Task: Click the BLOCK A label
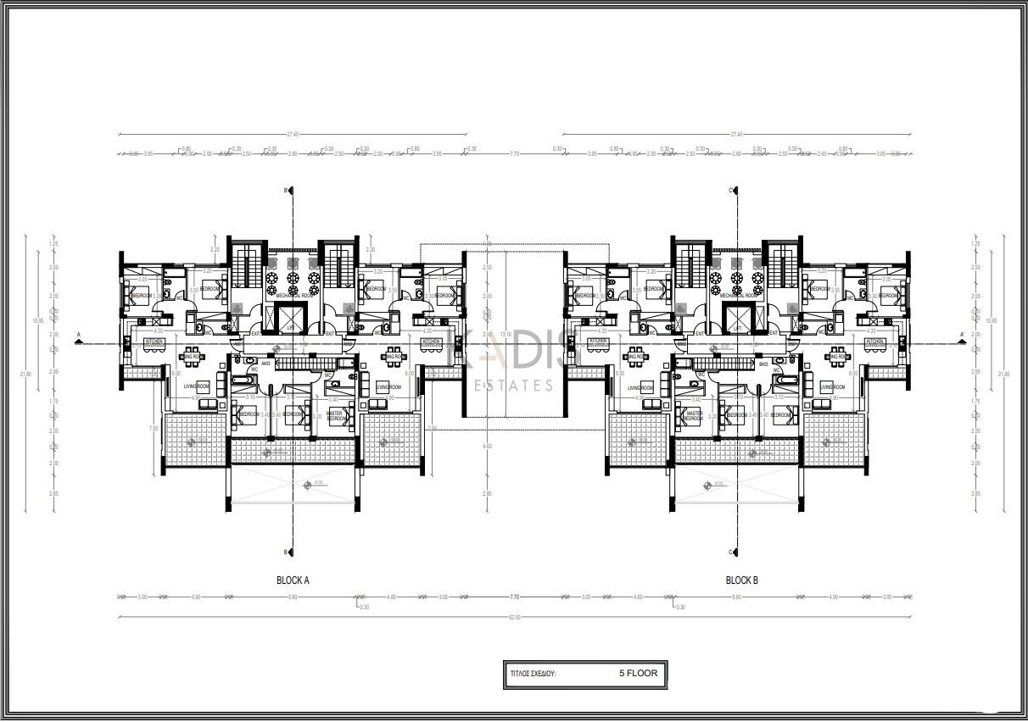pyautogui.click(x=293, y=580)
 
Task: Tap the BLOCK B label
pyautogui.click(x=742, y=580)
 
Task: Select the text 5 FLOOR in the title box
pyautogui.click(x=638, y=673)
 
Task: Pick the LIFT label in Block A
pyautogui.click(x=290, y=326)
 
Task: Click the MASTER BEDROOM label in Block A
pyautogui.click(x=336, y=416)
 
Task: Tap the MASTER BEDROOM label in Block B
pyautogui.click(x=693, y=416)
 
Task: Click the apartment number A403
pyautogui.click(x=265, y=364)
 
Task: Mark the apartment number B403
pyautogui.click(x=763, y=364)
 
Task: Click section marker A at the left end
pyautogui.click(x=78, y=335)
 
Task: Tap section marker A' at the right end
pyautogui.click(x=961, y=335)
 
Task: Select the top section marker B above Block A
pyautogui.click(x=287, y=191)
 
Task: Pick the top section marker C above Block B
pyautogui.click(x=730, y=191)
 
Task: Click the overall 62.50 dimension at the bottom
pyautogui.click(x=514, y=617)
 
